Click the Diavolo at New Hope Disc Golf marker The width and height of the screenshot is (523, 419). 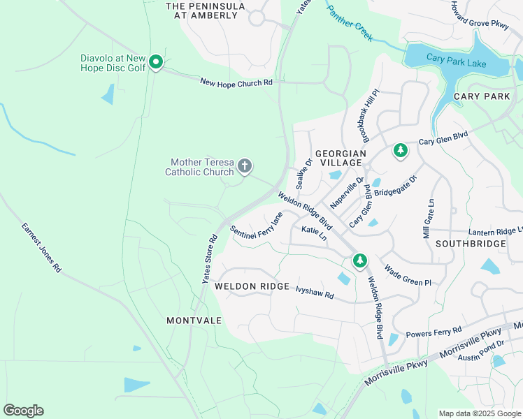(156, 63)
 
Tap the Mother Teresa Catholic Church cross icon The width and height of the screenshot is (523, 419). (244, 166)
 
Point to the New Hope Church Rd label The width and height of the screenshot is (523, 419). (236, 82)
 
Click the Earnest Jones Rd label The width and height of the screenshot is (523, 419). (41, 247)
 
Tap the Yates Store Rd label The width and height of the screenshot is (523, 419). (210, 258)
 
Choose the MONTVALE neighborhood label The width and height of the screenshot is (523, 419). (194, 321)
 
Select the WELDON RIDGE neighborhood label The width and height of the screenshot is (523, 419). (252, 286)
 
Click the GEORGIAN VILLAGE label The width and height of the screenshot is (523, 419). (341, 157)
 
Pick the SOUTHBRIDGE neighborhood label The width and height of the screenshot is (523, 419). (470, 244)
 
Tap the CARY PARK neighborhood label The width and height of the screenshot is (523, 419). (482, 96)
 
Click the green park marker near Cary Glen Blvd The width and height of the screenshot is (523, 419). (400, 150)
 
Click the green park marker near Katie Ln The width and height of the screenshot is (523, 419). (359, 260)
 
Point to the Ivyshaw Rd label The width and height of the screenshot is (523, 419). (315, 292)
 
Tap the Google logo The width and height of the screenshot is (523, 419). (23, 411)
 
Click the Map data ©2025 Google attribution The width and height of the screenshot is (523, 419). (479, 413)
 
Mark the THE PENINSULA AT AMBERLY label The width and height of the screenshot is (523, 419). (206, 10)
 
